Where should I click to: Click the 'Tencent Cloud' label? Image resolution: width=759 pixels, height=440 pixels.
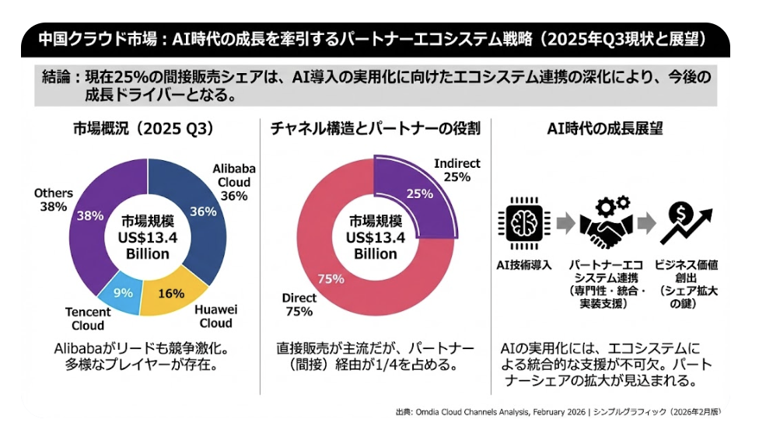(87, 319)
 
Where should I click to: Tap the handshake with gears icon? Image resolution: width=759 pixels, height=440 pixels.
(604, 222)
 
